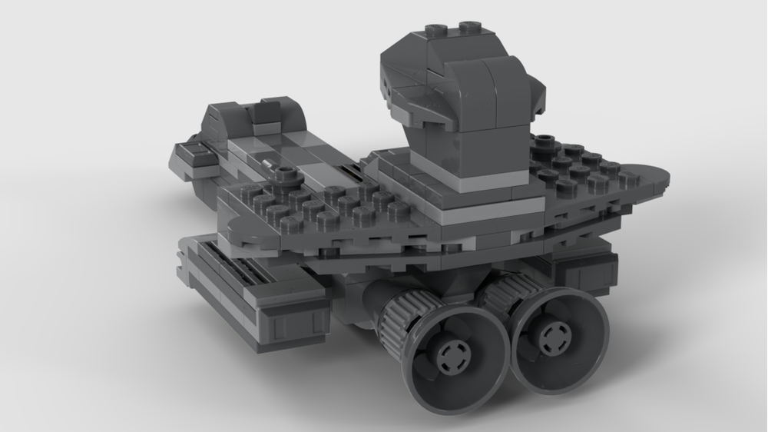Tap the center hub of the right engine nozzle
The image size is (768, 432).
click(551, 337)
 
